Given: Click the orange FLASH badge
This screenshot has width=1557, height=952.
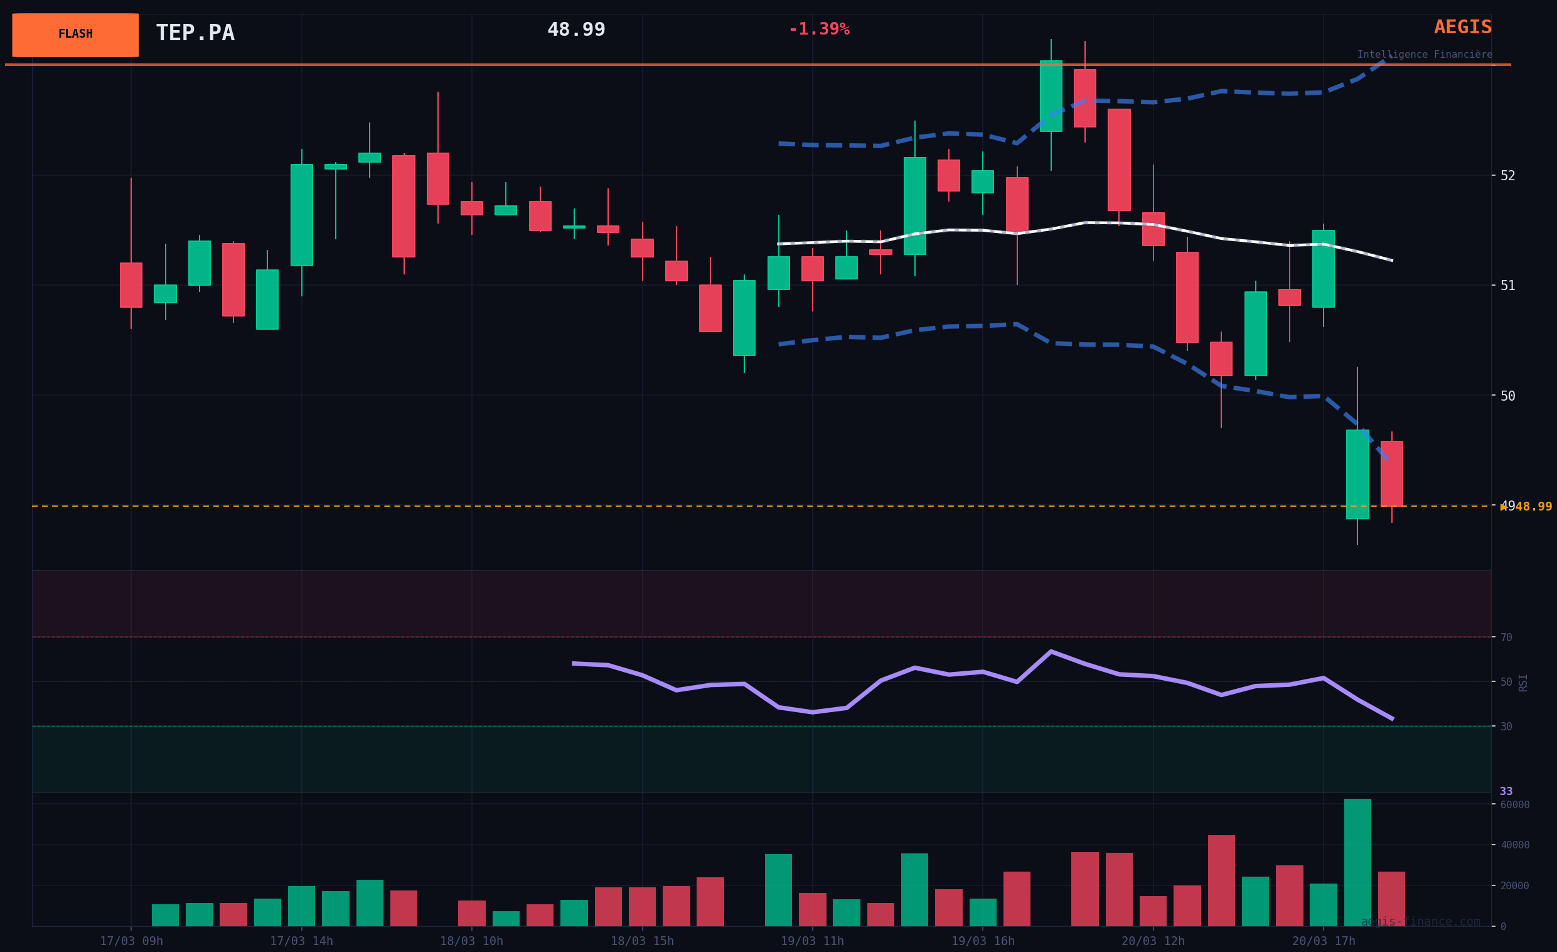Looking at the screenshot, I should (x=75, y=35).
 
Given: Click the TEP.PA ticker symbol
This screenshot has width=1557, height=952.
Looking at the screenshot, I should (x=195, y=33).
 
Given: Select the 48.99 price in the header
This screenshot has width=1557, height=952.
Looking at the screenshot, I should (x=575, y=30).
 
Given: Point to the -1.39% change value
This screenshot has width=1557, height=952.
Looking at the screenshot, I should (x=818, y=29).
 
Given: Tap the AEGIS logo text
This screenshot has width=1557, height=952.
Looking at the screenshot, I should (x=1462, y=27).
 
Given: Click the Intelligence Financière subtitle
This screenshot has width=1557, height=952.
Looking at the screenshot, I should (x=1425, y=55).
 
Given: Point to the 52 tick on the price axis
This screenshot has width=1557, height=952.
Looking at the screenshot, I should (x=1507, y=176).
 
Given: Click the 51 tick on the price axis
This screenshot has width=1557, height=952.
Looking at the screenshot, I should (x=1507, y=286).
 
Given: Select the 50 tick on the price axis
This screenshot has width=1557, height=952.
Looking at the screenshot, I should (x=1507, y=396).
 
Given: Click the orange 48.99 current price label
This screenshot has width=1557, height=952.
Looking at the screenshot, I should (x=1533, y=507).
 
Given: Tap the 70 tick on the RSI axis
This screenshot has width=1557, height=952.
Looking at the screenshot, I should (x=1506, y=638).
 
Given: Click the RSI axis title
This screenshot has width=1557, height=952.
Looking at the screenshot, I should (x=1523, y=683).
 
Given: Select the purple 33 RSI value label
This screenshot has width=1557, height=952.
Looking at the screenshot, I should (x=1506, y=791).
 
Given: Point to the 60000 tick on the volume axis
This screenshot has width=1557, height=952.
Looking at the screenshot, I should (x=1515, y=804).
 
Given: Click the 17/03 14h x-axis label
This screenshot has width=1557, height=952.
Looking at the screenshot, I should (x=301, y=941).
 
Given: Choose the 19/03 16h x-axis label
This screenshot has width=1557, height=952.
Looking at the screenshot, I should (x=983, y=941).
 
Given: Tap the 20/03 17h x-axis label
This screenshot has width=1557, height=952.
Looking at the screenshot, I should (x=1323, y=941).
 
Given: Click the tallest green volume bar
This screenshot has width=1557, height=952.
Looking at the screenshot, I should (x=1357, y=863).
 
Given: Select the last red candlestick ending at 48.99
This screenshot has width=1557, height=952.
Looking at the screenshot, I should (x=1391, y=473).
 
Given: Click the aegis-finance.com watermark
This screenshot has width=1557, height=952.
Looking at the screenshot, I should (x=1420, y=922).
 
